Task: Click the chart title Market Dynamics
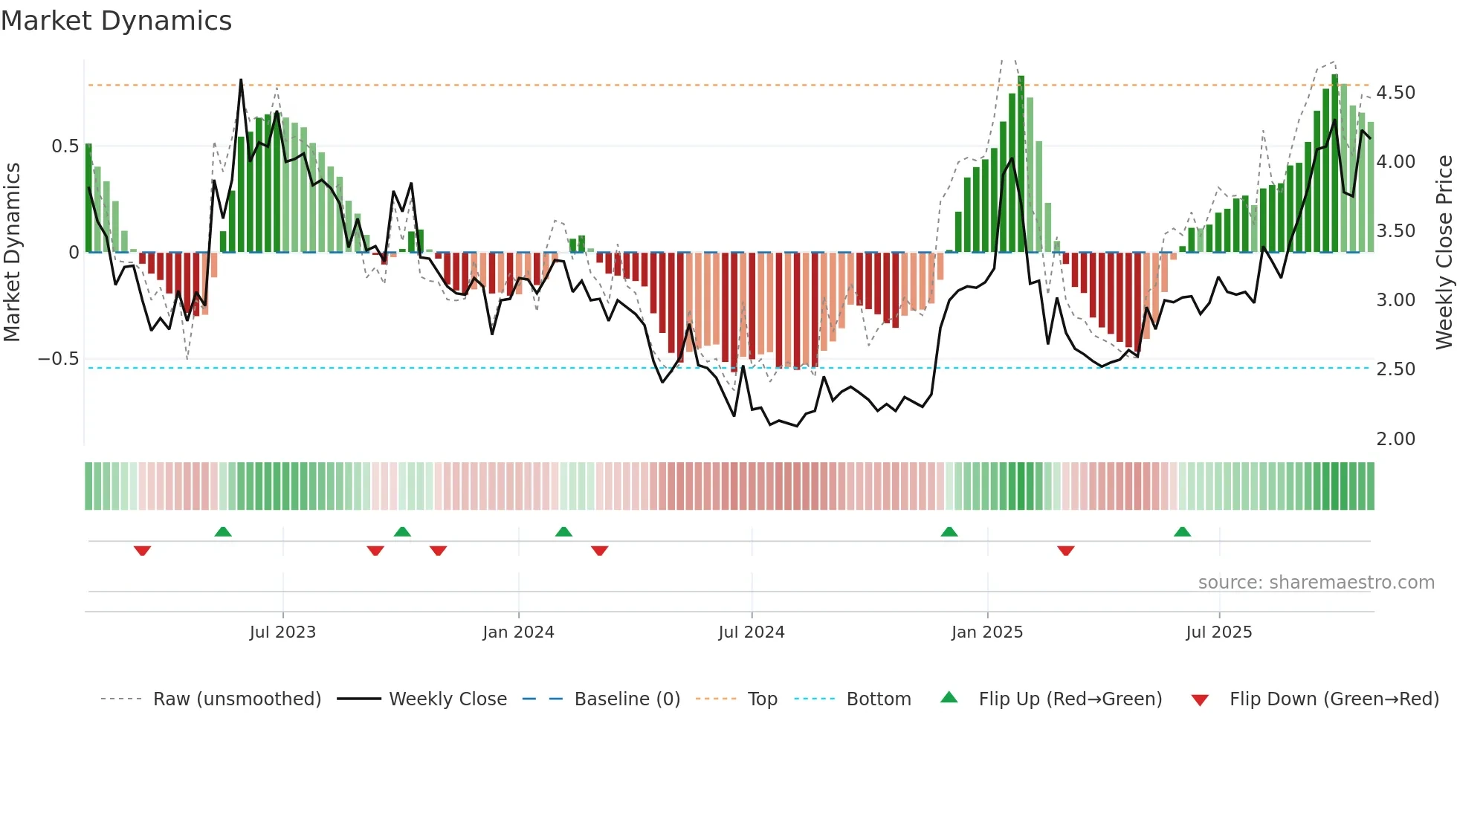coord(117,21)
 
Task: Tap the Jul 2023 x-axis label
coord(282,632)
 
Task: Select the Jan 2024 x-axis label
coord(518,632)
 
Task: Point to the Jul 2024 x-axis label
coord(751,632)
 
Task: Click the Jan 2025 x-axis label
coord(987,632)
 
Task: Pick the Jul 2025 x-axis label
coord(1219,632)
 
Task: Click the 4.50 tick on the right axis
coord(1395,93)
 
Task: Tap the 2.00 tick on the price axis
coord(1395,439)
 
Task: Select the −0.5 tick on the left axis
coord(59,359)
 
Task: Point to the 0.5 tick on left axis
coord(65,146)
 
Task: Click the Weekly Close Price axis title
coord(1444,253)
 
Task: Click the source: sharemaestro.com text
coord(1316,583)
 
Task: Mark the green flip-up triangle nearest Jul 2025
coord(1182,531)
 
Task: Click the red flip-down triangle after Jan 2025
coord(1065,551)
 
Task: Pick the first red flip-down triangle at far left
coord(142,551)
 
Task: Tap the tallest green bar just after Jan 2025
coord(1021,164)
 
